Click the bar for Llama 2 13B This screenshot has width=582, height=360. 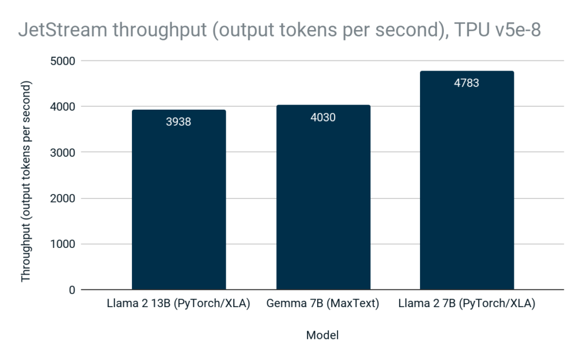178,205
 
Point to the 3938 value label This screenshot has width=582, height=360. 178,121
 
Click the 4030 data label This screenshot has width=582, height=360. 323,118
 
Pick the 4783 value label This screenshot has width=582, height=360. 466,83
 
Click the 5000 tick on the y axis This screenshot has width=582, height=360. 63,60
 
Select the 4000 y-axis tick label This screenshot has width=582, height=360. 63,106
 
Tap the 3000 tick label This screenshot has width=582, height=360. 63,152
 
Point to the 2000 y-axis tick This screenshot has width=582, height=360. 63,198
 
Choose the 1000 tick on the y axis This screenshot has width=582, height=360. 63,244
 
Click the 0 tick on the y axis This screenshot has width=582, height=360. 72,290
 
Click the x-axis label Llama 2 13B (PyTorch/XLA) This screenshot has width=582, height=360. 178,304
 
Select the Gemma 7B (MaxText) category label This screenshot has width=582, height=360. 323,304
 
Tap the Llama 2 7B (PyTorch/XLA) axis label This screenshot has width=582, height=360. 466,304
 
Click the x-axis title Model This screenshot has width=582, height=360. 322,335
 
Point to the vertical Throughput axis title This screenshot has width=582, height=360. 26,181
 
